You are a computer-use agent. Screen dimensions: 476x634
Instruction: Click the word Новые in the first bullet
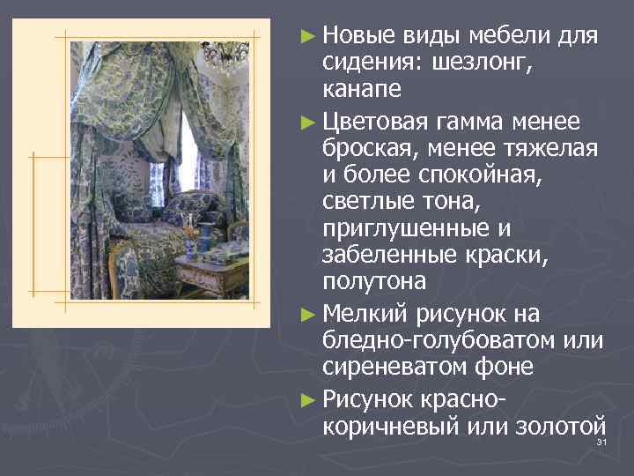click(357, 36)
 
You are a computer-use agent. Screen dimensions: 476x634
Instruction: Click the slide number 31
click(602, 442)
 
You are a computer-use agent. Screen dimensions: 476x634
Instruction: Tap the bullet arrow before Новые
click(306, 37)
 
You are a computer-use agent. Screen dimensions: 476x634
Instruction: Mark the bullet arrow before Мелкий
click(306, 312)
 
